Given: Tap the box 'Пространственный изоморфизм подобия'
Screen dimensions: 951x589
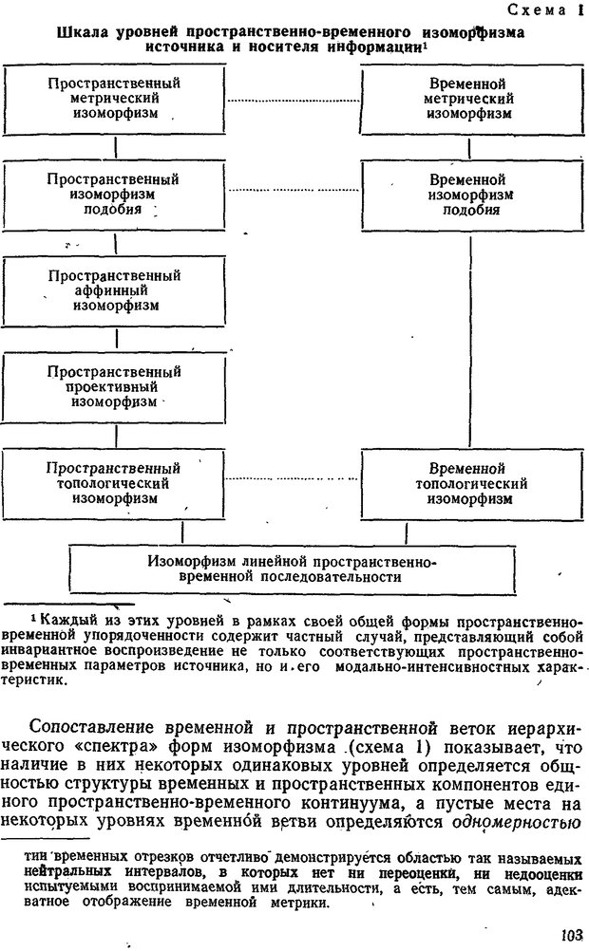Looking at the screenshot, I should [x=115, y=195].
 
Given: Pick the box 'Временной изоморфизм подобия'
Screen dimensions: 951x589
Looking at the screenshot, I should [x=472, y=195].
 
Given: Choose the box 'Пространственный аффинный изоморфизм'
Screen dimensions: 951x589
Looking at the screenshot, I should [x=115, y=291].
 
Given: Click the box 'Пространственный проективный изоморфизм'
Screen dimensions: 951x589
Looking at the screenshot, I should [x=115, y=387].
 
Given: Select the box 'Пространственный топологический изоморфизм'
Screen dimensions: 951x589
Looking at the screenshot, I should [x=115, y=483].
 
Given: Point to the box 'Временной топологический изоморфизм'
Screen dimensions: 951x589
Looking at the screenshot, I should [x=472, y=483].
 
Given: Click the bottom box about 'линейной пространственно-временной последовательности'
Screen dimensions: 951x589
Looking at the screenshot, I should [x=292, y=569].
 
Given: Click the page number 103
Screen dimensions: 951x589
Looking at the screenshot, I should [x=571, y=935].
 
